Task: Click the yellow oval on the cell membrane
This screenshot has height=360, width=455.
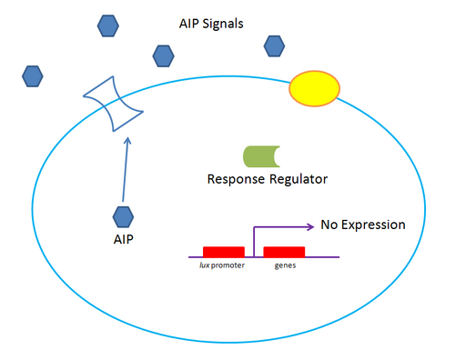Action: pos(315,88)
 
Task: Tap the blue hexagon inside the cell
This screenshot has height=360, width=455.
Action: pos(124,216)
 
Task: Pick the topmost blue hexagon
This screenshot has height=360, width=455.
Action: pos(107,24)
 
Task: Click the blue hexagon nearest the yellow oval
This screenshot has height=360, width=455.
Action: pos(274,45)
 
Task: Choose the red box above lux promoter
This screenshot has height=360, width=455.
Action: pos(223,251)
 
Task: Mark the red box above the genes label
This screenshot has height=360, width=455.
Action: pos(284,251)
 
